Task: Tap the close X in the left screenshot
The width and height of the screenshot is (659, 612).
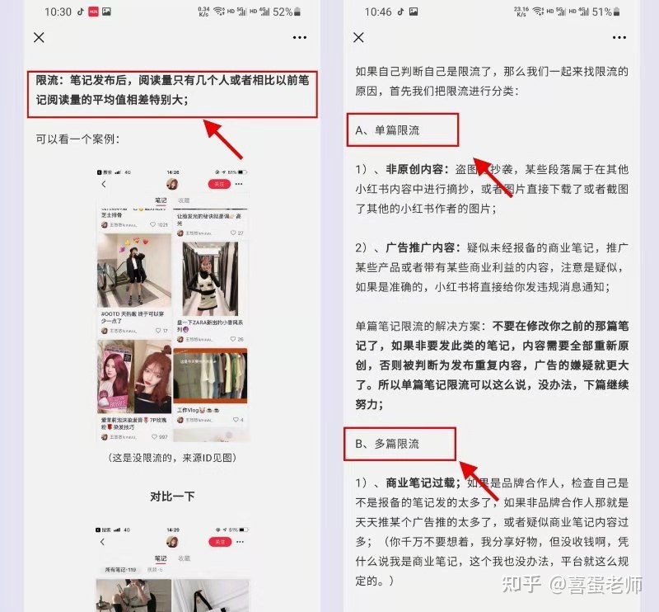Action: (39, 38)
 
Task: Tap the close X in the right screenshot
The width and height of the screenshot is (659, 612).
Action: (358, 38)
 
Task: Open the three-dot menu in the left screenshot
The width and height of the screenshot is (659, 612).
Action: (299, 38)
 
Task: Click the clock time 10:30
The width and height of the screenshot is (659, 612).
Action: (58, 12)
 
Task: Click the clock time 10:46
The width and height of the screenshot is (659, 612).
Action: (378, 12)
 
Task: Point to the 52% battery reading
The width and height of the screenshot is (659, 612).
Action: (283, 12)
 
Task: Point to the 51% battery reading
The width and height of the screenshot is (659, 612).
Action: (602, 12)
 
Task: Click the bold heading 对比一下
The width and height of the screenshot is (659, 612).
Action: (171, 497)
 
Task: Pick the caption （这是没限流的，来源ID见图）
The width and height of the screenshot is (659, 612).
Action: (171, 457)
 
